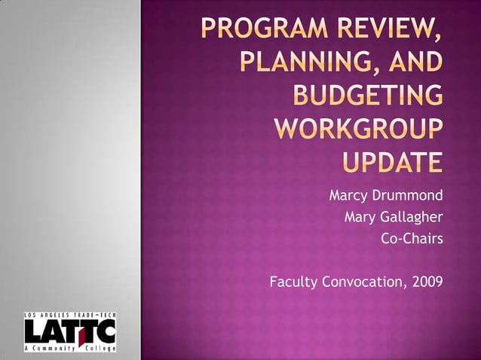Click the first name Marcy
[x=349, y=197]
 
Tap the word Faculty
[x=295, y=282]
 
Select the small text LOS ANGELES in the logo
[x=42, y=315]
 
